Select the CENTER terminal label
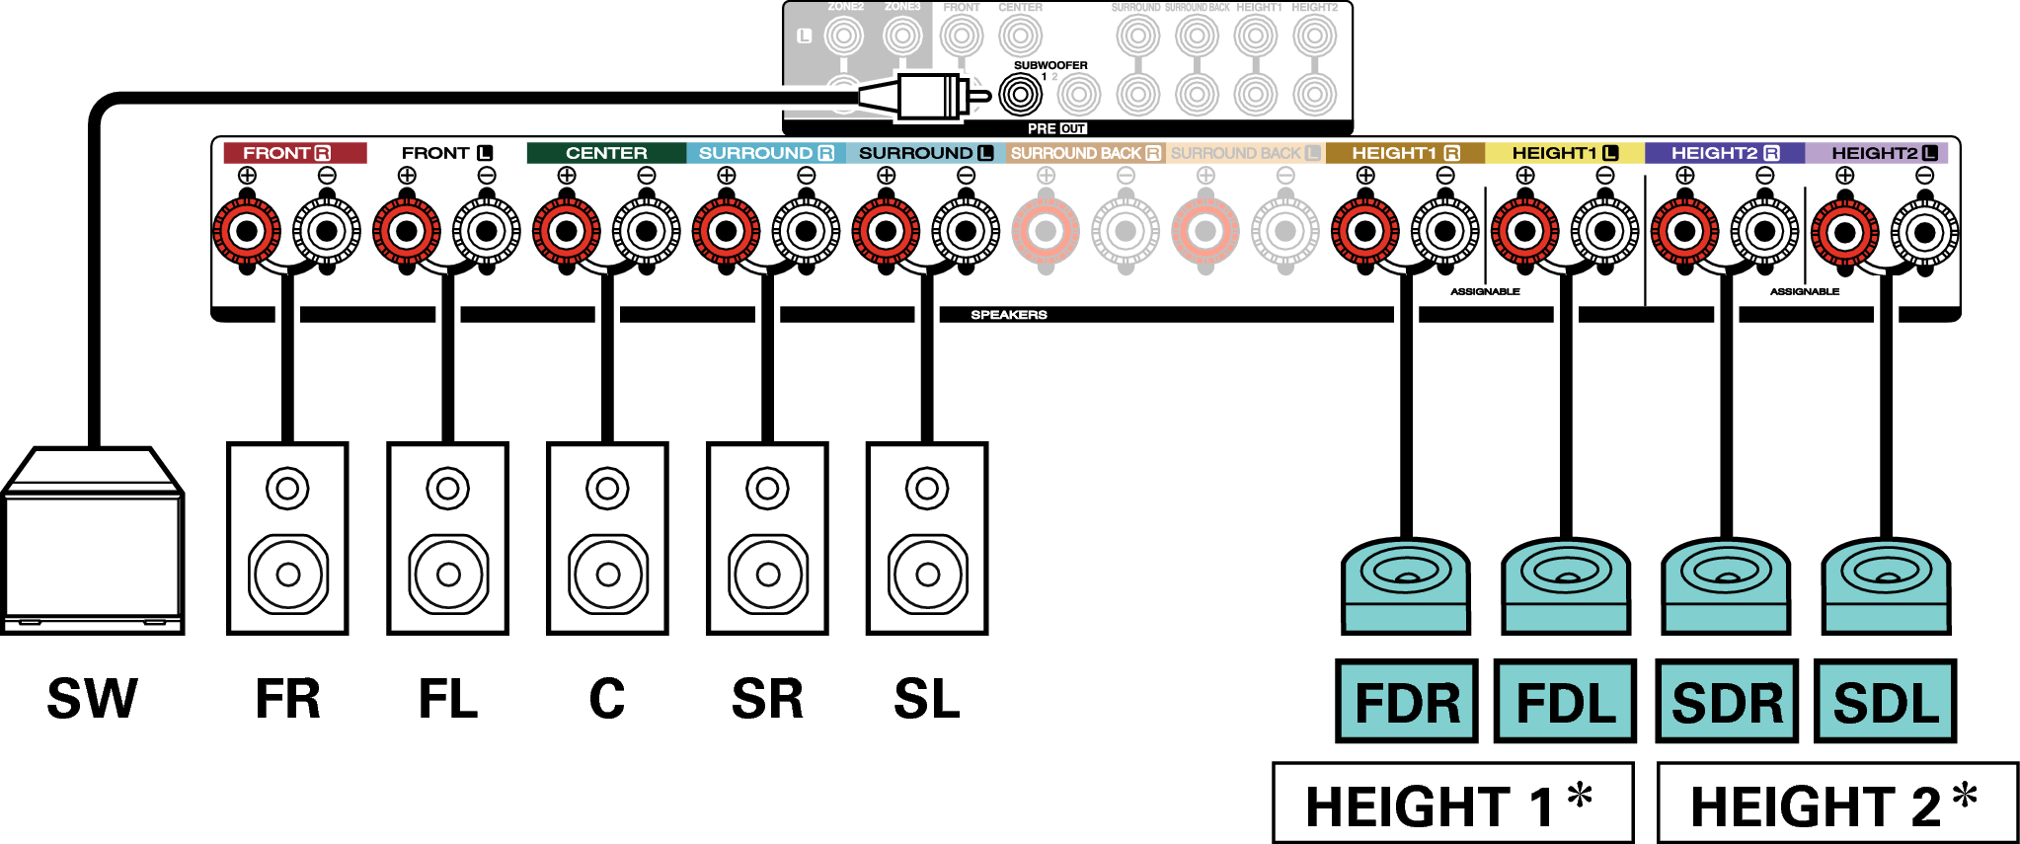click(606, 153)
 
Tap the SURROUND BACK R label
click(1085, 153)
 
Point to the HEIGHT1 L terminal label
click(1565, 153)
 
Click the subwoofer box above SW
click(93, 543)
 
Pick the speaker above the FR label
click(287, 538)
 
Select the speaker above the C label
click(607, 538)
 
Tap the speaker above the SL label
click(927, 538)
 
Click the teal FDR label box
click(1407, 702)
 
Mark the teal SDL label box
click(1886, 702)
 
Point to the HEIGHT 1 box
click(1452, 803)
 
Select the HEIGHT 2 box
click(1836, 803)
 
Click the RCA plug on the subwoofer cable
click(923, 97)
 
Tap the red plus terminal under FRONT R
click(247, 232)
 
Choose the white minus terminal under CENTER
click(647, 232)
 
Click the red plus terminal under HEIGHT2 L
click(1844, 232)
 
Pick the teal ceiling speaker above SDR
click(1726, 586)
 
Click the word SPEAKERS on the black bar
click(1008, 315)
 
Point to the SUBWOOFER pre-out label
click(1050, 65)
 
